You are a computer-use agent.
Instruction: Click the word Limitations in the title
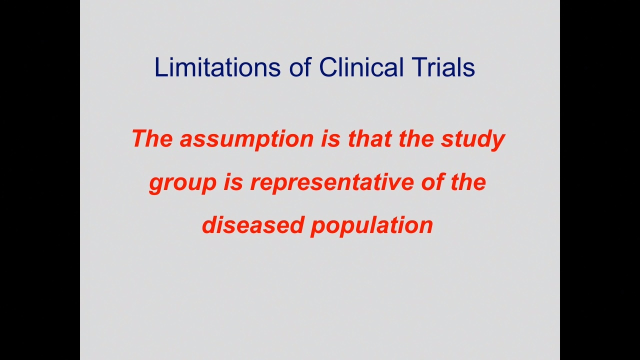click(217, 67)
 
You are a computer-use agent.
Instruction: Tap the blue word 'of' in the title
click(300, 67)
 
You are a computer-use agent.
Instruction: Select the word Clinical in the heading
click(361, 67)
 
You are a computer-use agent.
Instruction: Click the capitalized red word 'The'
click(152, 138)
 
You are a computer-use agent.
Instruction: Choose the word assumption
click(247, 140)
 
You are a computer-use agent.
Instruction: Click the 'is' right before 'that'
click(331, 138)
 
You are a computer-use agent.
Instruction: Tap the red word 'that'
click(369, 138)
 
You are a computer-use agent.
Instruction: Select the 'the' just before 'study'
click(416, 138)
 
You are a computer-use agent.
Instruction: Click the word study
click(473, 140)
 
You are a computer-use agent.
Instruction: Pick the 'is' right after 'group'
click(233, 182)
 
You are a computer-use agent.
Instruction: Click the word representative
click(332, 183)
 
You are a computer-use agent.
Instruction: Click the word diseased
click(253, 225)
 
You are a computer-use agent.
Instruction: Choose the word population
click(371, 226)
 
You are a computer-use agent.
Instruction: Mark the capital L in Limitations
click(160, 67)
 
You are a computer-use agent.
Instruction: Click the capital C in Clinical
click(328, 67)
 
